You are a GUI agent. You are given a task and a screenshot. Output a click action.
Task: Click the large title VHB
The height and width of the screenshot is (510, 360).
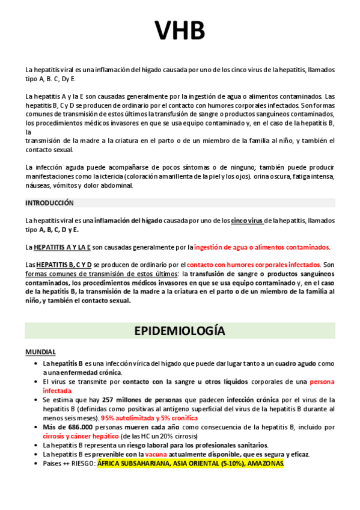coord(180,31)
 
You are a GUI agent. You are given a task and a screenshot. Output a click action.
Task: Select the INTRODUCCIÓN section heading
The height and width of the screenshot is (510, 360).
coord(49,203)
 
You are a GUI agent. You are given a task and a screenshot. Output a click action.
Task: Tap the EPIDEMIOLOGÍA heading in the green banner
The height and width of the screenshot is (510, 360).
coord(180,331)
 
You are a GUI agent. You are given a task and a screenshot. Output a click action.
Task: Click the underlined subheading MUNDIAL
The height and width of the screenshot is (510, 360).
coord(40,352)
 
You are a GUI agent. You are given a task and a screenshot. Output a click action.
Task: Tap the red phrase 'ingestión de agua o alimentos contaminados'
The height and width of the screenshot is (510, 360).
coord(262,247)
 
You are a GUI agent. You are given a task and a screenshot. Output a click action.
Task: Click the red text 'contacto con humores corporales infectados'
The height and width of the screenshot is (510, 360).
coord(254,265)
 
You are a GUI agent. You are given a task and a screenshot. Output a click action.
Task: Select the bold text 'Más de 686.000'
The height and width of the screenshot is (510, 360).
coord(67,426)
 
